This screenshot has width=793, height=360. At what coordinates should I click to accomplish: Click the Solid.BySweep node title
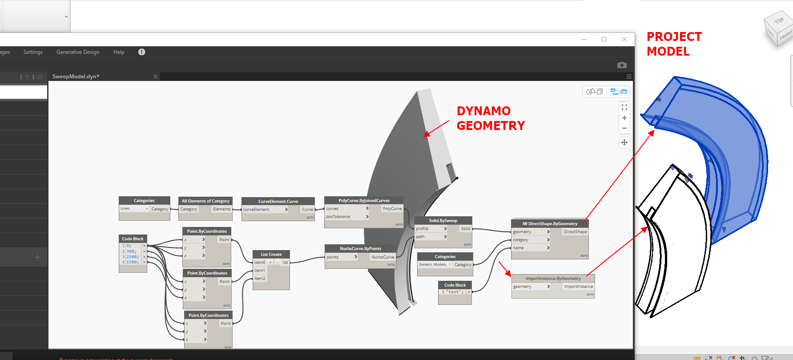(x=443, y=220)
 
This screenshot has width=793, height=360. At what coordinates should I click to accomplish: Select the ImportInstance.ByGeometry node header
(x=553, y=278)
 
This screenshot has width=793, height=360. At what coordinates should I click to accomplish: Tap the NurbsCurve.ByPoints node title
(x=360, y=248)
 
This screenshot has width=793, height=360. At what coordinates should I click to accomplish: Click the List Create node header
(x=271, y=254)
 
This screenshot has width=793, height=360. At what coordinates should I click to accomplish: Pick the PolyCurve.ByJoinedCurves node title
(x=364, y=200)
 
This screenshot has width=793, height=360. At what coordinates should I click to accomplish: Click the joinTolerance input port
(x=338, y=217)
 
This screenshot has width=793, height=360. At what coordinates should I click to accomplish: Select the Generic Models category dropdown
(x=435, y=264)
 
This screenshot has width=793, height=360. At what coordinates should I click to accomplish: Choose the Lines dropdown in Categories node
(x=134, y=209)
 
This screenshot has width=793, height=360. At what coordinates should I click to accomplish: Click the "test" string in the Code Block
(x=454, y=292)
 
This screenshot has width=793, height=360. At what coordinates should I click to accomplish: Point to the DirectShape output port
(x=575, y=232)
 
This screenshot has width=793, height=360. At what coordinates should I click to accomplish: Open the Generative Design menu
(x=78, y=52)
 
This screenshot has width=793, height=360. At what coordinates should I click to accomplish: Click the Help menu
(x=119, y=52)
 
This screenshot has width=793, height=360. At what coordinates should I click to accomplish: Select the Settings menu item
(x=33, y=52)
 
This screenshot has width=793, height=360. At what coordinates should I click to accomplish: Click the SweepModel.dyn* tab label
(x=76, y=77)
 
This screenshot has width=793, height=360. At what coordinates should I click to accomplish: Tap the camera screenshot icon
(x=622, y=65)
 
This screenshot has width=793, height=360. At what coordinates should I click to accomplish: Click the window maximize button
(x=604, y=39)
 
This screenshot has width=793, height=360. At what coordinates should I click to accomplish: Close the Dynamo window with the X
(x=624, y=39)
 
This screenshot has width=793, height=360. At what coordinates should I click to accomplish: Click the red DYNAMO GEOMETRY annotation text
(x=491, y=118)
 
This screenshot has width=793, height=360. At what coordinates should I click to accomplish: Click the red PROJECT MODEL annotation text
(x=674, y=44)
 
